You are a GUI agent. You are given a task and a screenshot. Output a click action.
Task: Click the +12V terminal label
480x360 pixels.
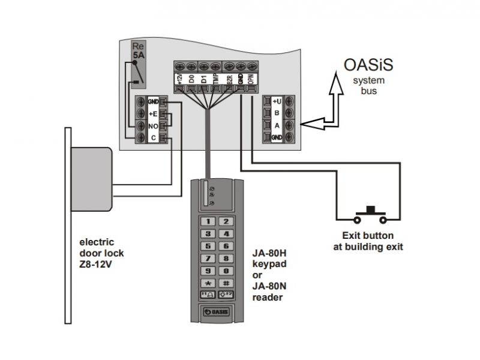179,79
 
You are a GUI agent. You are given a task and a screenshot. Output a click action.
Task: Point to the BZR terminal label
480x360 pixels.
229,79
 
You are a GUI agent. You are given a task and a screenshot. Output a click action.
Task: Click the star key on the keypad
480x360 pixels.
208,283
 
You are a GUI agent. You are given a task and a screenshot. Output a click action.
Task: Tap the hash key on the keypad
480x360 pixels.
226,283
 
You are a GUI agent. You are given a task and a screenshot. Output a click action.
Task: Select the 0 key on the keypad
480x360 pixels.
226,271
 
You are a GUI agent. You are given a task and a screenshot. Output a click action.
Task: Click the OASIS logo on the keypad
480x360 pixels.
217,313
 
